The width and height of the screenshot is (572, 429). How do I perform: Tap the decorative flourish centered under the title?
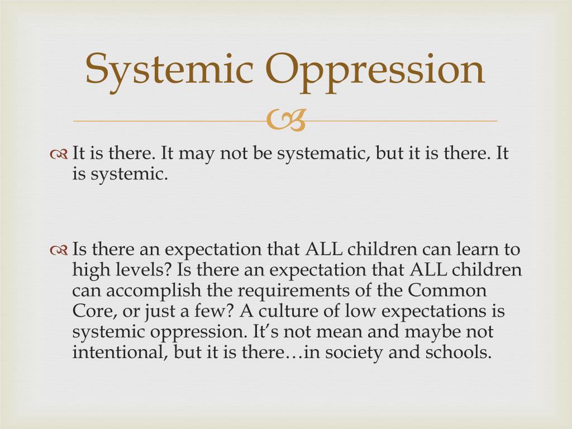coord(286,121)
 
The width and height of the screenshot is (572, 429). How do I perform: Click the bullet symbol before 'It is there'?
coord(59,154)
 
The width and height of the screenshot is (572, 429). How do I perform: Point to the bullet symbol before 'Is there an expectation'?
coord(59,250)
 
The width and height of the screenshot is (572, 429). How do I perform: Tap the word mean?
coord(337,332)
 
